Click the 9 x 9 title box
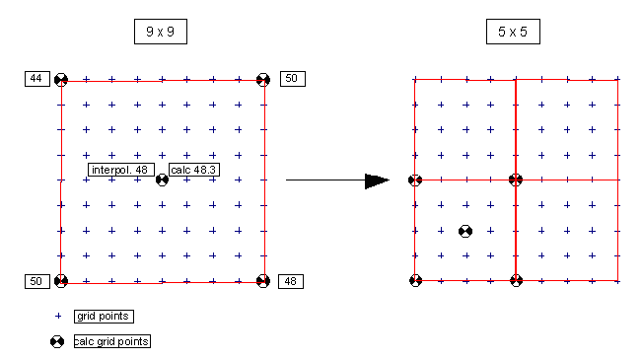click(x=161, y=32)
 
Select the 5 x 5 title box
click(x=513, y=32)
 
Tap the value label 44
click(x=37, y=79)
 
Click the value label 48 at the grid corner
click(x=291, y=281)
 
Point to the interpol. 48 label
click(x=121, y=170)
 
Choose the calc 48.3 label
click(x=194, y=170)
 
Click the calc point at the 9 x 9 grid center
click(x=162, y=180)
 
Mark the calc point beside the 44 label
click(x=61, y=80)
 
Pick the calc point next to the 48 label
click(x=263, y=281)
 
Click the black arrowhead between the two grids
click(x=377, y=180)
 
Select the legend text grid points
click(x=104, y=317)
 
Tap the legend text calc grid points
click(x=112, y=341)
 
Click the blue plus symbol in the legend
click(x=58, y=317)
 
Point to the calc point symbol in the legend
click(x=57, y=341)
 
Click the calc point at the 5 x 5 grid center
click(x=516, y=180)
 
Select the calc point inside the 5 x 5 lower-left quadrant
click(x=465, y=232)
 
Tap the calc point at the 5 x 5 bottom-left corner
click(x=415, y=280)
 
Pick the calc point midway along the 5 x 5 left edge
click(x=415, y=180)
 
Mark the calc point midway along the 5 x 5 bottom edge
click(x=517, y=280)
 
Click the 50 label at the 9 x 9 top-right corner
click(x=293, y=79)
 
